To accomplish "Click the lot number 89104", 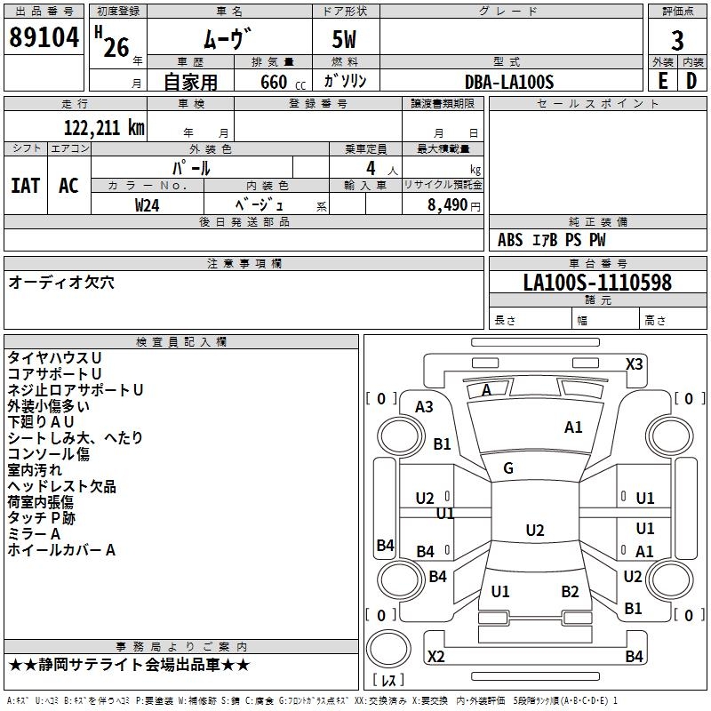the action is [44, 37].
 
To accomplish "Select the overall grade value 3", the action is [677, 40].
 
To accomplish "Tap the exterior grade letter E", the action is [662, 81].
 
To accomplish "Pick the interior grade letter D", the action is [691, 81].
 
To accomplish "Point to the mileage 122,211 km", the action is [104, 128].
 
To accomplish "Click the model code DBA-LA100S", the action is [509, 82].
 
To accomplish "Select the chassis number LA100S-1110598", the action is [597, 283].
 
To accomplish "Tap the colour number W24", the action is [147, 205].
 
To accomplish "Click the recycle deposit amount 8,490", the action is [447, 205].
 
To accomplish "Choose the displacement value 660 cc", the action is [283, 83].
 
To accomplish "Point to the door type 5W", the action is [344, 39].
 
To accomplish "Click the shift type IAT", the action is [25, 186].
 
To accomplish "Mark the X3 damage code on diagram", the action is [634, 364].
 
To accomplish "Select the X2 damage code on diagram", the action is [435, 656].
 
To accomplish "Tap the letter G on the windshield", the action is [507, 468].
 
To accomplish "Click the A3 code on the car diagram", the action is [424, 407].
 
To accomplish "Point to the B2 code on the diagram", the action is [570, 591].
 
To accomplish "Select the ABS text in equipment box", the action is [510, 240].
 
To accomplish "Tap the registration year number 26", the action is [116, 48].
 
